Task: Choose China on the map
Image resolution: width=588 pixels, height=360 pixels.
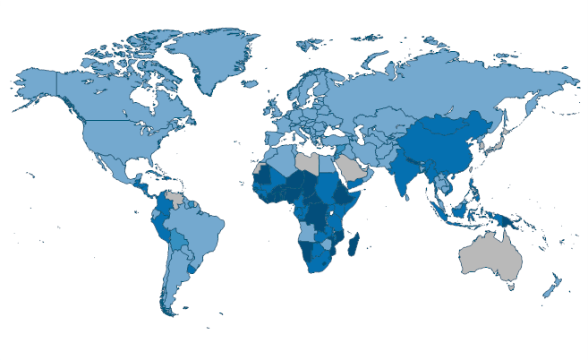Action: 447,143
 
